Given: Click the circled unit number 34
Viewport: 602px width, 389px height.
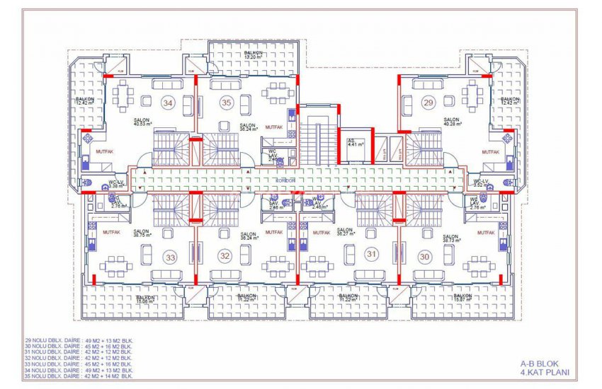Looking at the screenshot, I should point(168,103).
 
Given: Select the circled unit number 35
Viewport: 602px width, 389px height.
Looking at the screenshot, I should point(226,103).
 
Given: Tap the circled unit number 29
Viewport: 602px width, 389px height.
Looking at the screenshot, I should point(428,103).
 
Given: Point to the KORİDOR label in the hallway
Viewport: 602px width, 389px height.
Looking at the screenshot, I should point(287,181).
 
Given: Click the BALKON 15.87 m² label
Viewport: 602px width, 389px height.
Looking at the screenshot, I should point(462,298).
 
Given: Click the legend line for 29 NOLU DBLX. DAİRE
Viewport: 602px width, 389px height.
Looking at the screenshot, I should point(79,341).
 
